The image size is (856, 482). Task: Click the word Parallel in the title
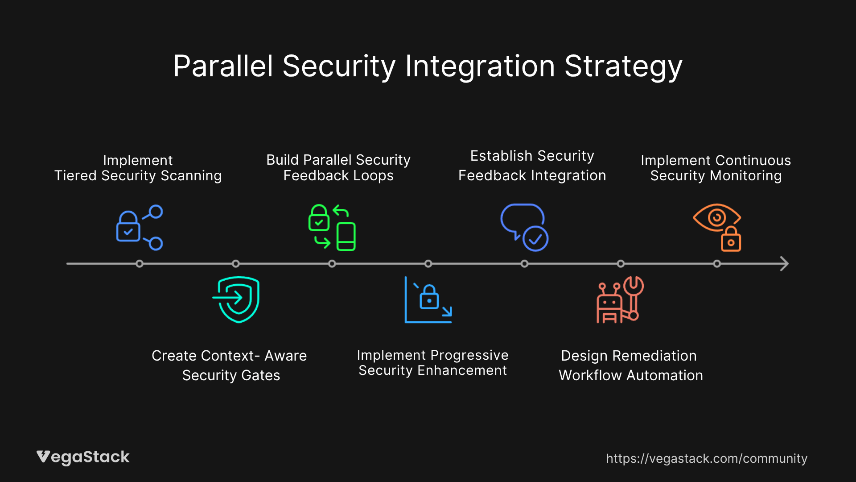223,66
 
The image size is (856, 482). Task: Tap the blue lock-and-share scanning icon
139,228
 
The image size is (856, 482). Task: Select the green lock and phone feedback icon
332,228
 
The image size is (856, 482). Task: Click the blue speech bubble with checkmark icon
524,228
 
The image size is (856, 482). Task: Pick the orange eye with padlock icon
717,228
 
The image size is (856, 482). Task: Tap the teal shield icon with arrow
236,299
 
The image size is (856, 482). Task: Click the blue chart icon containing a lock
428,299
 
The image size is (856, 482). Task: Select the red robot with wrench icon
620,299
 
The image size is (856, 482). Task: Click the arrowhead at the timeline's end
785,264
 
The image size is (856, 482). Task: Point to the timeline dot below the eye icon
717,264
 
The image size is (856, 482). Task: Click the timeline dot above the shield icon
236,264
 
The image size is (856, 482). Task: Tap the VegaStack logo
83,457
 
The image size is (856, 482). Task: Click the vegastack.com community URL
707,458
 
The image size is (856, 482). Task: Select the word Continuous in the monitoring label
753,160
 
